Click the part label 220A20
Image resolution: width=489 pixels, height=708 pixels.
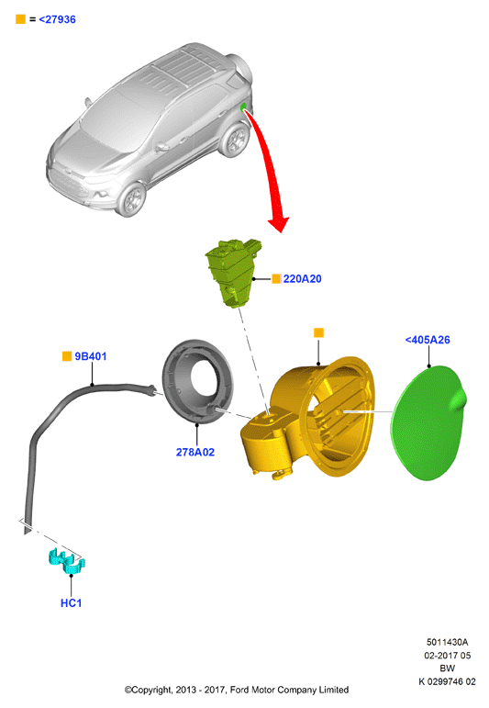[302, 278]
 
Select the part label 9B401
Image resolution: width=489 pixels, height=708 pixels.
[91, 356]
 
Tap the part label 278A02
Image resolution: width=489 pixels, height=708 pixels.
[195, 452]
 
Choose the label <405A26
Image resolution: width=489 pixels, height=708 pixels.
[428, 340]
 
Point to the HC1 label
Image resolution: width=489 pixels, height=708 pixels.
[72, 603]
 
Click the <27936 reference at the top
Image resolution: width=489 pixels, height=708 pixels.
[57, 19]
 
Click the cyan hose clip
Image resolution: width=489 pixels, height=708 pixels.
[67, 562]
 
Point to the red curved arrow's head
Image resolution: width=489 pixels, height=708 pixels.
[279, 223]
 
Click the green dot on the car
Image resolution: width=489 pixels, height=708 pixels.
[243, 107]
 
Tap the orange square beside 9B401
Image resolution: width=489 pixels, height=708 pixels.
[67, 356]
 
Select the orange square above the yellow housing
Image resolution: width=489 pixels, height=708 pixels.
[318, 332]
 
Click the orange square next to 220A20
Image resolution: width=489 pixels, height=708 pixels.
[276, 278]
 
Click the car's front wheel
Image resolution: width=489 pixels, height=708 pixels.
[132, 198]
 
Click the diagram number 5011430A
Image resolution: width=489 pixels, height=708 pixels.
[448, 642]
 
